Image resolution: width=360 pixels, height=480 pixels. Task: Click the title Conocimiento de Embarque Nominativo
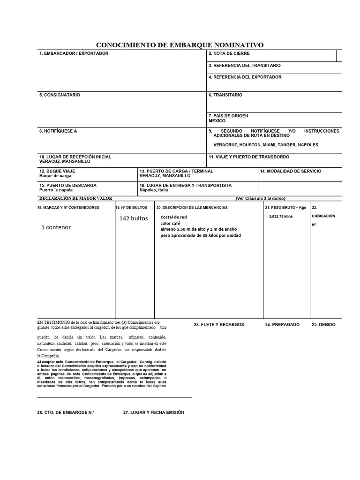tap(180, 45)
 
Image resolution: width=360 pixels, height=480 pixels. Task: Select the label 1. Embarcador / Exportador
tap(74, 53)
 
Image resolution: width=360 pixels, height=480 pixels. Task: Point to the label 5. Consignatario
tap(60, 95)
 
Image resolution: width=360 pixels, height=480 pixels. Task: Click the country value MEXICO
tap(217, 121)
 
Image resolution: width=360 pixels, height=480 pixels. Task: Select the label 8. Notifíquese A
tap(58, 131)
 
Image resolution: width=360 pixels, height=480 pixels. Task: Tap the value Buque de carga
tap(55, 176)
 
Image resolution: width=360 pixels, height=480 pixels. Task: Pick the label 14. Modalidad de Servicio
tap(291, 171)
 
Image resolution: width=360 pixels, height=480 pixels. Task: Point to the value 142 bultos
tap(133, 218)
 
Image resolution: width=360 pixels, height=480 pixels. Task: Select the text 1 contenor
tap(56, 227)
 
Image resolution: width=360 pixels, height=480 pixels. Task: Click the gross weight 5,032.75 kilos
tap(281, 217)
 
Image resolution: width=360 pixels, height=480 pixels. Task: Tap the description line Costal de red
tap(173, 217)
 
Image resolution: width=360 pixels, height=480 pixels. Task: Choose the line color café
tap(171, 223)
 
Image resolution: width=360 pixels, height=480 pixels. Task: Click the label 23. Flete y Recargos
tap(219, 324)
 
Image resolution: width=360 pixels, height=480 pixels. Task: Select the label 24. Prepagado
tap(282, 324)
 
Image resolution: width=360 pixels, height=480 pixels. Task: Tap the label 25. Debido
tap(323, 324)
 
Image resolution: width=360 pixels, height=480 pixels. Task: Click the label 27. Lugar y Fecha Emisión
tap(154, 412)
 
